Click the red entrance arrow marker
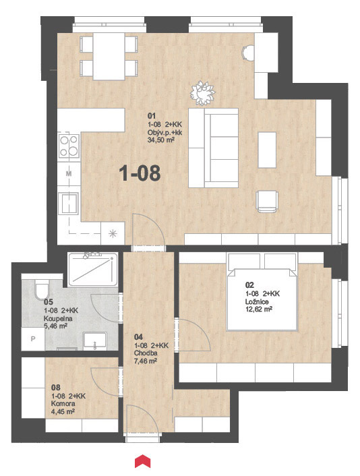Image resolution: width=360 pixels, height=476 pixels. [x=143, y=460]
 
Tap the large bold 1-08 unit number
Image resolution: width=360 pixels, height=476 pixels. [x=140, y=173]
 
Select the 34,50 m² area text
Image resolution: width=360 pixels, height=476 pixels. [x=161, y=140]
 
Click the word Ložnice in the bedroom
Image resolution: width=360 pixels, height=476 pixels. [x=257, y=302]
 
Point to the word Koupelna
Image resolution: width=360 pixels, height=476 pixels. [x=58, y=319]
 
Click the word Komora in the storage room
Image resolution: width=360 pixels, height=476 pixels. [x=63, y=404]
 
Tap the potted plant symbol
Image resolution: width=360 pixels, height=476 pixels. [x=202, y=93]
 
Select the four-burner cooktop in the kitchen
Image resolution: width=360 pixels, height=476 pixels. [x=69, y=146]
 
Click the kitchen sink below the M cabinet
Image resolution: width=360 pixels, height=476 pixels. [x=69, y=203]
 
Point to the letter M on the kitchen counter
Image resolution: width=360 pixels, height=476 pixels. [x=69, y=174]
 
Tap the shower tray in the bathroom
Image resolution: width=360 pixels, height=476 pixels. [x=92, y=269]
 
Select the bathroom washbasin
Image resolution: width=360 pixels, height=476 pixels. [x=95, y=340]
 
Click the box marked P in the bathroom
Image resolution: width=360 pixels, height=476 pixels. [x=33, y=338]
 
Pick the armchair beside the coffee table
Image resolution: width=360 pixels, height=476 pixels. [x=267, y=202]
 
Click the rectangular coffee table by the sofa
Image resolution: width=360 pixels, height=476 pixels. [x=267, y=150]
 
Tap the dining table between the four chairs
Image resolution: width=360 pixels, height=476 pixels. [x=109, y=57]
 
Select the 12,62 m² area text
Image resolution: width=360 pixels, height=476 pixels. [x=259, y=309]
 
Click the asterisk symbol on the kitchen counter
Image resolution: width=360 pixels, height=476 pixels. [x=113, y=233]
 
